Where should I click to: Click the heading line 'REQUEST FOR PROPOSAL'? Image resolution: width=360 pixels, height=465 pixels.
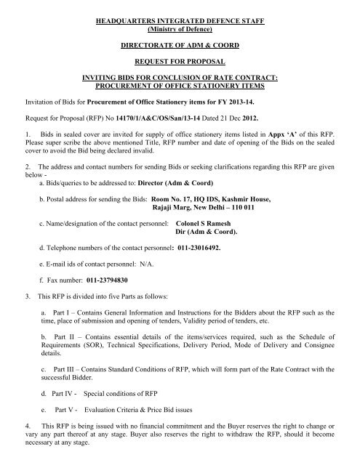click(179, 64)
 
